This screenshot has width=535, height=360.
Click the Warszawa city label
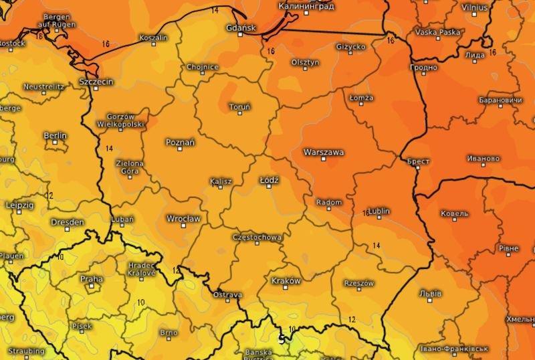pos(324,152)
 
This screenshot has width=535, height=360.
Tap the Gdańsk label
pos(241,27)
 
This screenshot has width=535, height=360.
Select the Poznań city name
pos(180,142)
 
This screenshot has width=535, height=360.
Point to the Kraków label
pos(287,280)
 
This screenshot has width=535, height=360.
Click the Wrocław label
pos(183,218)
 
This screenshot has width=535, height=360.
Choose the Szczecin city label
pos(96,82)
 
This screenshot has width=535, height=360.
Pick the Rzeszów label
pos(358,283)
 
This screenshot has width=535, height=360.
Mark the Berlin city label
pos(55,136)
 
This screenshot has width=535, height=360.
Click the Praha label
pos(92,279)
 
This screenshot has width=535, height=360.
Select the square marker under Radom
pos(328,210)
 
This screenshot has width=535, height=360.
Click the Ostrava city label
pos(227,295)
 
